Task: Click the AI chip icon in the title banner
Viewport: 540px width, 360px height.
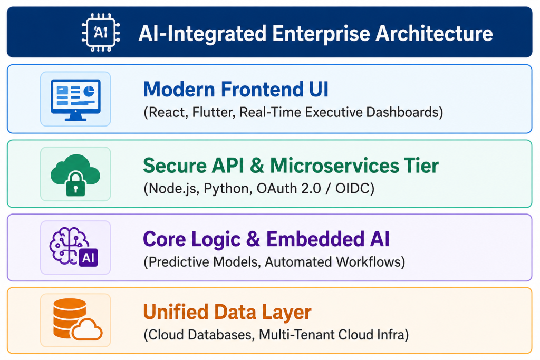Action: click(101, 33)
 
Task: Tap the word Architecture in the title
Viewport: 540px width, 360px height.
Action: click(434, 34)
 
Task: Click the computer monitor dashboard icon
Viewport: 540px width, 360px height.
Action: click(75, 100)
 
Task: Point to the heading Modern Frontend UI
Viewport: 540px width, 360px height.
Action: click(236, 90)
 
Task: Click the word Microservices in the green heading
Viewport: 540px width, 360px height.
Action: click(334, 166)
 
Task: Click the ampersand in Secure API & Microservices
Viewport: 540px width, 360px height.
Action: click(257, 166)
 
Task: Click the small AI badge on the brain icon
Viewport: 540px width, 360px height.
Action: click(89, 257)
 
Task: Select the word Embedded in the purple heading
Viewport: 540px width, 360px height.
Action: click(315, 239)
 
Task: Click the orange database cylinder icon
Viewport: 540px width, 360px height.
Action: click(70, 318)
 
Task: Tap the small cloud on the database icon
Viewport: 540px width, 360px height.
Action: click(87, 330)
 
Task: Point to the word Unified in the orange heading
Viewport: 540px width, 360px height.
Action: click(175, 312)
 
